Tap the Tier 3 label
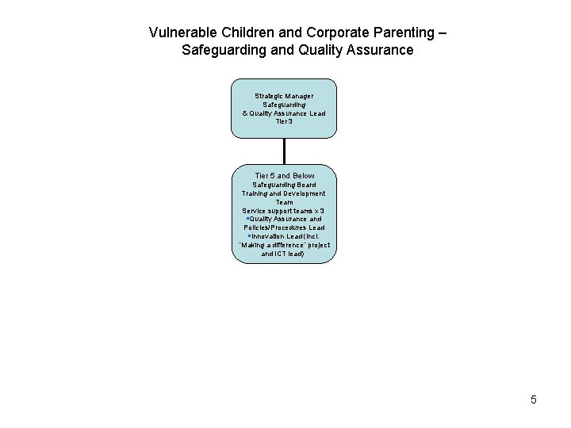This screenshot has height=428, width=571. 283,121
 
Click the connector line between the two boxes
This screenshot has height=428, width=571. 283,151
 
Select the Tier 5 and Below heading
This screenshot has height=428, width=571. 284,175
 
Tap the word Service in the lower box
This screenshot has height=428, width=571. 255,211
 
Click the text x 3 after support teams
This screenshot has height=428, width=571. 319,211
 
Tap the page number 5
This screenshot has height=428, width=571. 534,399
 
